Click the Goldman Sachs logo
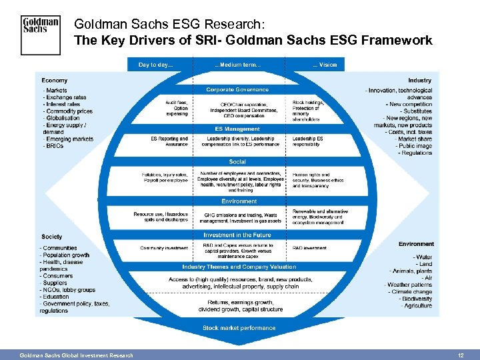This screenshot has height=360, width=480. tap(41, 35)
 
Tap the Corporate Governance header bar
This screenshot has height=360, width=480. tap(238, 89)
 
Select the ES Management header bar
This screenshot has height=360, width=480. tap(238, 129)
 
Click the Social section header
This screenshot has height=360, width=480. tap(238, 162)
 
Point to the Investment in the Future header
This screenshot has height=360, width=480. tap(238, 235)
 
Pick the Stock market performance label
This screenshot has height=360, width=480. tap(239, 328)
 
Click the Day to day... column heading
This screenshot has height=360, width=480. tap(155, 65)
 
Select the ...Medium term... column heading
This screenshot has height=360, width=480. tap(238, 65)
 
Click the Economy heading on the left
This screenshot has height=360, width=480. tap(55, 81)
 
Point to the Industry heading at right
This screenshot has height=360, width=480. tap(419, 81)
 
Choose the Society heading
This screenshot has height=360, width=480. tap(51, 237)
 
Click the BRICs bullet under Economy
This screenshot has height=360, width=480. tap(54, 146)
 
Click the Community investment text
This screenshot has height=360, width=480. tap(164, 248)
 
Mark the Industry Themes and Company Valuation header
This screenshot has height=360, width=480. tap(238, 267)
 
